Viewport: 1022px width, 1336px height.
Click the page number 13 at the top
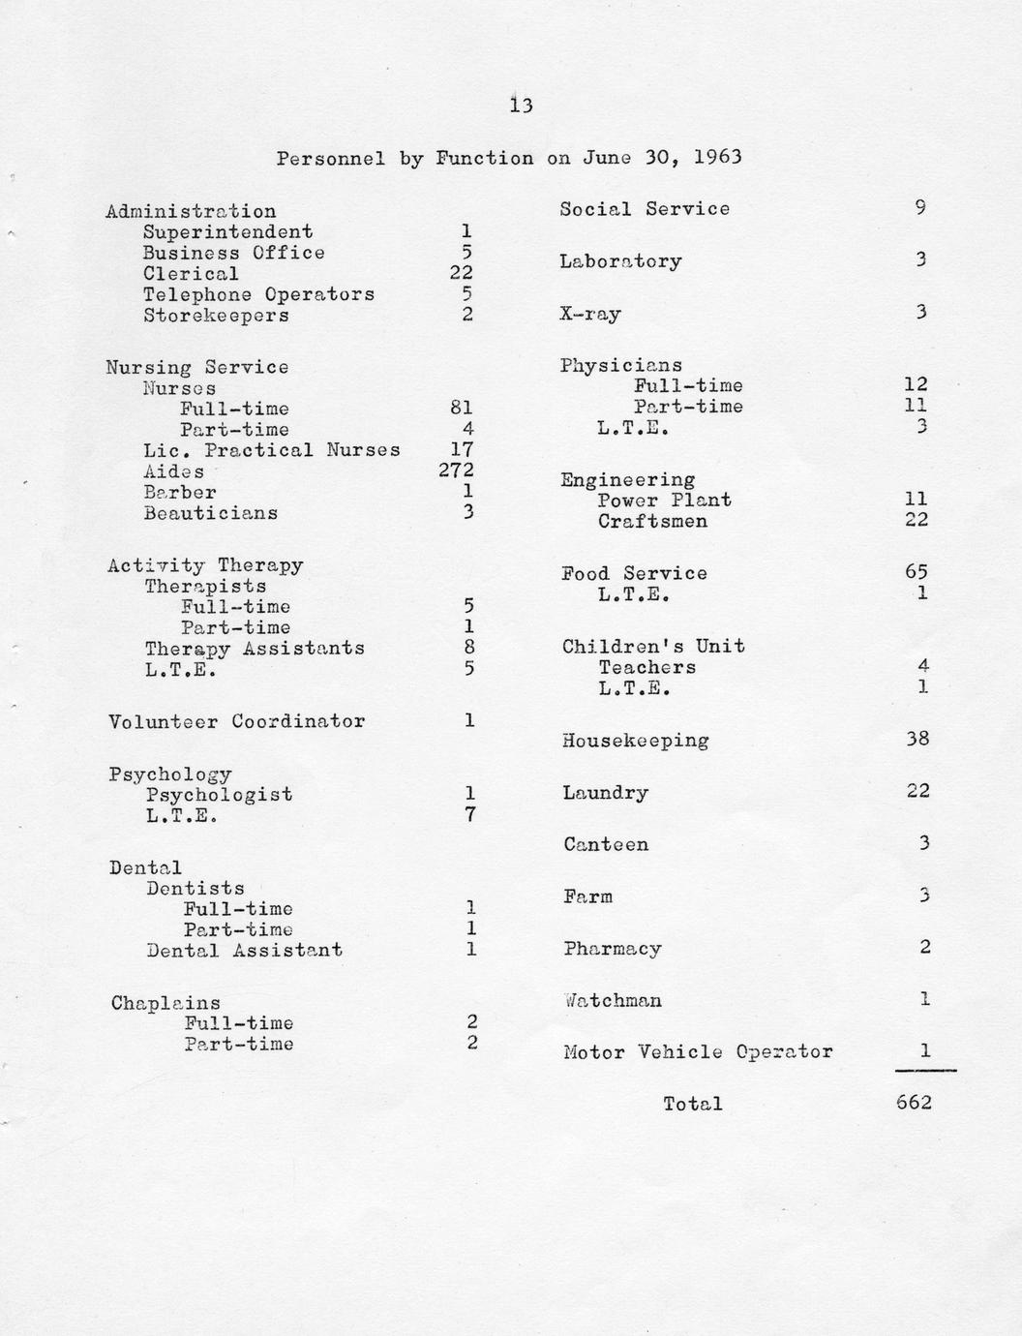521,106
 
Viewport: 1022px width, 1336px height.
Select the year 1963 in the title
718,157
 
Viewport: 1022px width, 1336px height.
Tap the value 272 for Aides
456,471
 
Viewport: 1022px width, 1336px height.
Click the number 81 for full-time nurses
462,409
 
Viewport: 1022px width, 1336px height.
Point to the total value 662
915,1102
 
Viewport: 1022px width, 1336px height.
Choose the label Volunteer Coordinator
237,721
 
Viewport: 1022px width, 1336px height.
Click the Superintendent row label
227,232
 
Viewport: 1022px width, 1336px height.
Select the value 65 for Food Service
916,571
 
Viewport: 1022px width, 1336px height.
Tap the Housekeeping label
635,742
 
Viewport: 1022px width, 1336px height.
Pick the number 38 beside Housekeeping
917,739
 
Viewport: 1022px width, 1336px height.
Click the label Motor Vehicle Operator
698,1052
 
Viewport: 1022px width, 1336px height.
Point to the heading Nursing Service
197,367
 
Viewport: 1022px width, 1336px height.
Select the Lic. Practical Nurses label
271,450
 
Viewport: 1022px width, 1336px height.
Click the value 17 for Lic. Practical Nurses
461,450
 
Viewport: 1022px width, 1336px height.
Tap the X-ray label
590,315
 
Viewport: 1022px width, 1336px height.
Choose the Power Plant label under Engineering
664,501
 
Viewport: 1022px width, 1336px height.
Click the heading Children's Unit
653,647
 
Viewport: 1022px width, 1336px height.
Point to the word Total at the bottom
693,1104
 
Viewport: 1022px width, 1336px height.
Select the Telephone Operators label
258,294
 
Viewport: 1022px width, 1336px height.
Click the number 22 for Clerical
461,273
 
